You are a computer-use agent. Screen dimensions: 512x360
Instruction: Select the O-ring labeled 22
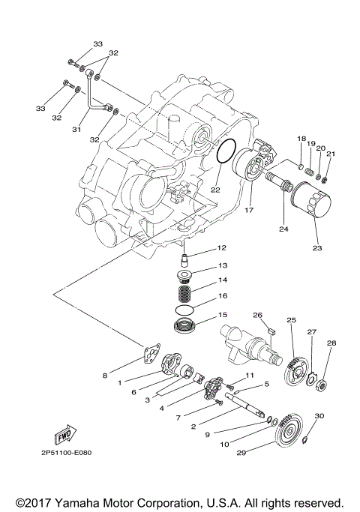226,151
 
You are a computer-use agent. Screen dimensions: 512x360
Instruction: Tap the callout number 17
247,211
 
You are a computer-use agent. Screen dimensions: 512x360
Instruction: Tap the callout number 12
221,248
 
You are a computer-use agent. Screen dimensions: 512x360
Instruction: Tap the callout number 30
319,415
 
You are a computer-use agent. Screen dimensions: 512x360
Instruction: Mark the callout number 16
222,297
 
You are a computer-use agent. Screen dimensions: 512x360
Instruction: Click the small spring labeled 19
306,174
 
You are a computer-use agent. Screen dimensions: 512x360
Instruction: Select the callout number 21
331,154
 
